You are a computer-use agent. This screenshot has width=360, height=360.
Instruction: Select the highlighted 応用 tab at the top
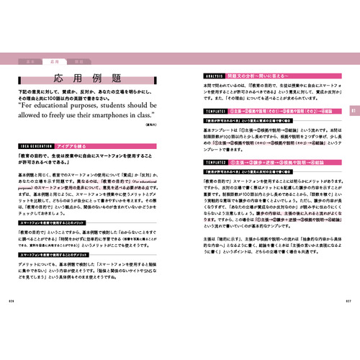pyautogui.click(x=55, y=63)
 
